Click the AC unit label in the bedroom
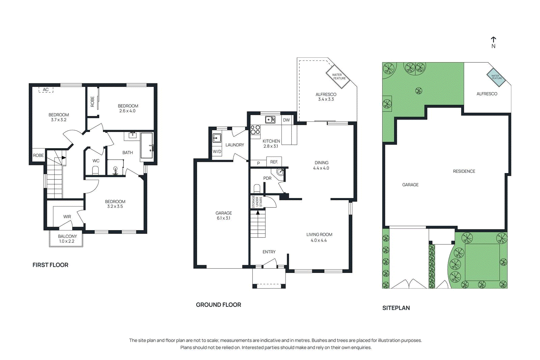point(46,90)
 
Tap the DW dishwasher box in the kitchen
point(286,120)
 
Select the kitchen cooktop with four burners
point(255,130)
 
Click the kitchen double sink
point(270,119)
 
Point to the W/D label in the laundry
point(217,151)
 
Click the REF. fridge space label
point(274,162)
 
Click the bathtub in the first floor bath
point(146,145)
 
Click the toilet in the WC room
point(96,170)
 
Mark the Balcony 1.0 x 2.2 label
point(67,239)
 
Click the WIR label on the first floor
point(67,217)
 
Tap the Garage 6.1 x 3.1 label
point(223,216)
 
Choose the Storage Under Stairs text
point(257,202)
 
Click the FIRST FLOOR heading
point(50,265)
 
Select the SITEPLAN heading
point(396,308)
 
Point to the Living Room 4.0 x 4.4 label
point(319,237)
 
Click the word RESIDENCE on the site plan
point(464,171)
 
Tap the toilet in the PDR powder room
point(257,188)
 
